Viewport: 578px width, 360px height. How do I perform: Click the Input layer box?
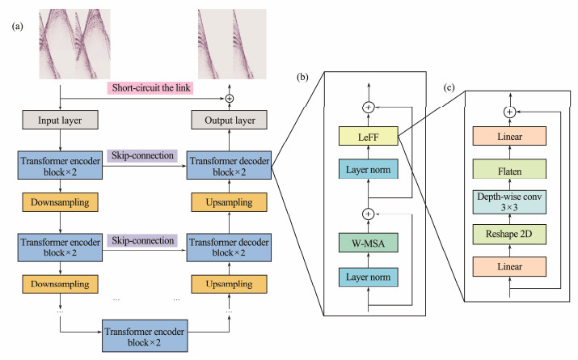coord(61,120)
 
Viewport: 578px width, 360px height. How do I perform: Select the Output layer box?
coord(228,120)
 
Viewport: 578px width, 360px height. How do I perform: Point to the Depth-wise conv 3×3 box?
coord(509,201)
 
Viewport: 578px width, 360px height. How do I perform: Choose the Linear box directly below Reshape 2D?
coord(509,265)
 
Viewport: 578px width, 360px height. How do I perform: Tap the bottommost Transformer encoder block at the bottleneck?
coord(144,336)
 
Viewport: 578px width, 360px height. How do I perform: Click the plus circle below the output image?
coord(228,98)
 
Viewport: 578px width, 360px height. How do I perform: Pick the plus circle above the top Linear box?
coord(509,112)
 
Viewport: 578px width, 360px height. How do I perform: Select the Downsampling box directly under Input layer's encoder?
coord(61,200)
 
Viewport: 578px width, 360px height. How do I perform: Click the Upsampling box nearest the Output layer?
coord(228,200)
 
